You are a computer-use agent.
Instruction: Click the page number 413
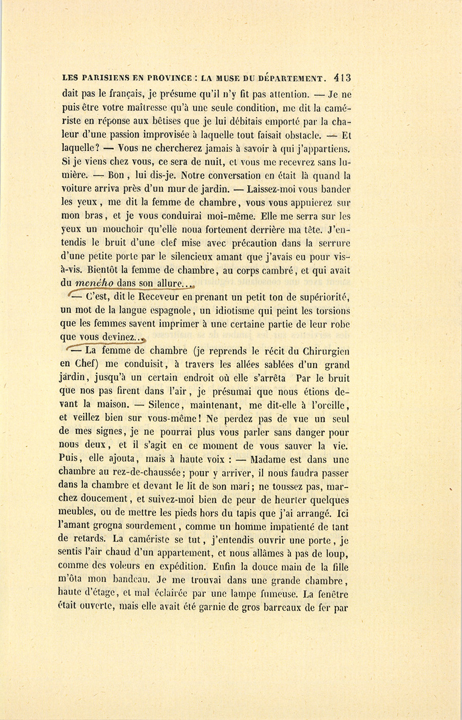tap(341, 78)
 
